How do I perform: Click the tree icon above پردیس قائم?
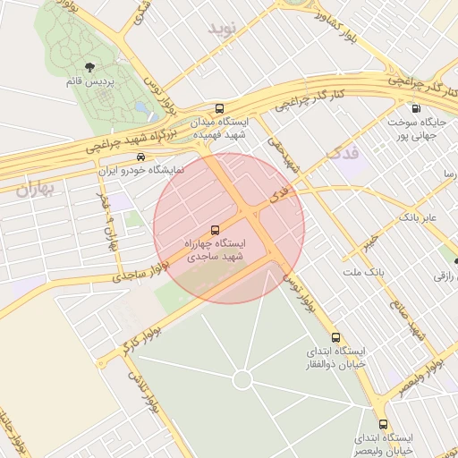tap(89, 67)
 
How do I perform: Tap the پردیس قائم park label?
tap(89, 82)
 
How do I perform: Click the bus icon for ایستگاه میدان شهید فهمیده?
tap(220, 107)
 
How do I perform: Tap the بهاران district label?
tap(35, 188)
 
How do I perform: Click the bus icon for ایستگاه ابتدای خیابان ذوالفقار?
tap(335, 338)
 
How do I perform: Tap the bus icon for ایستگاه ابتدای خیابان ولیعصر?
tap(384, 425)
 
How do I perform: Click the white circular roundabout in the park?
tap(242, 380)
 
